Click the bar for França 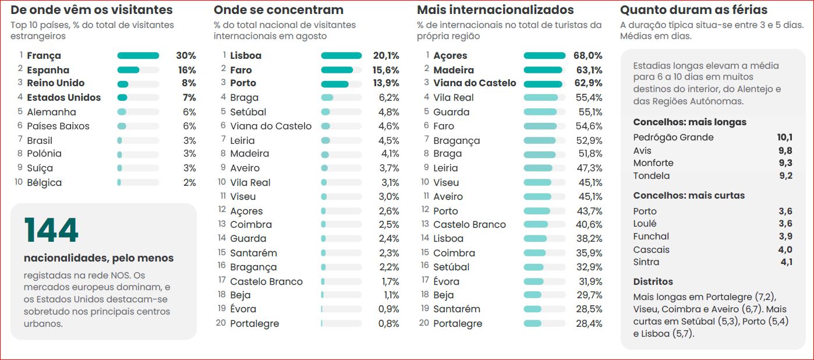[138, 56]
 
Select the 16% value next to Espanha [187, 70]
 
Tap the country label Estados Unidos [63, 97]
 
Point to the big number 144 [51, 230]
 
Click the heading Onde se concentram [278, 10]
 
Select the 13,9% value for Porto [386, 83]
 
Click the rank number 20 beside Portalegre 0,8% [221, 323]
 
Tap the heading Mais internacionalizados [496, 10]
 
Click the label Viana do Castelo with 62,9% [475, 83]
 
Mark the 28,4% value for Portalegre [589, 323]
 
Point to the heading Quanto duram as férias [693, 10]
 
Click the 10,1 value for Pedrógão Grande [785, 137]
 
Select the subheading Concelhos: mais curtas [689, 196]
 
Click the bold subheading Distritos [653, 281]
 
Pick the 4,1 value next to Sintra [787, 262]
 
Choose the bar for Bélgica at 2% [119, 182]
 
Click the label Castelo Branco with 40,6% [469, 224]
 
